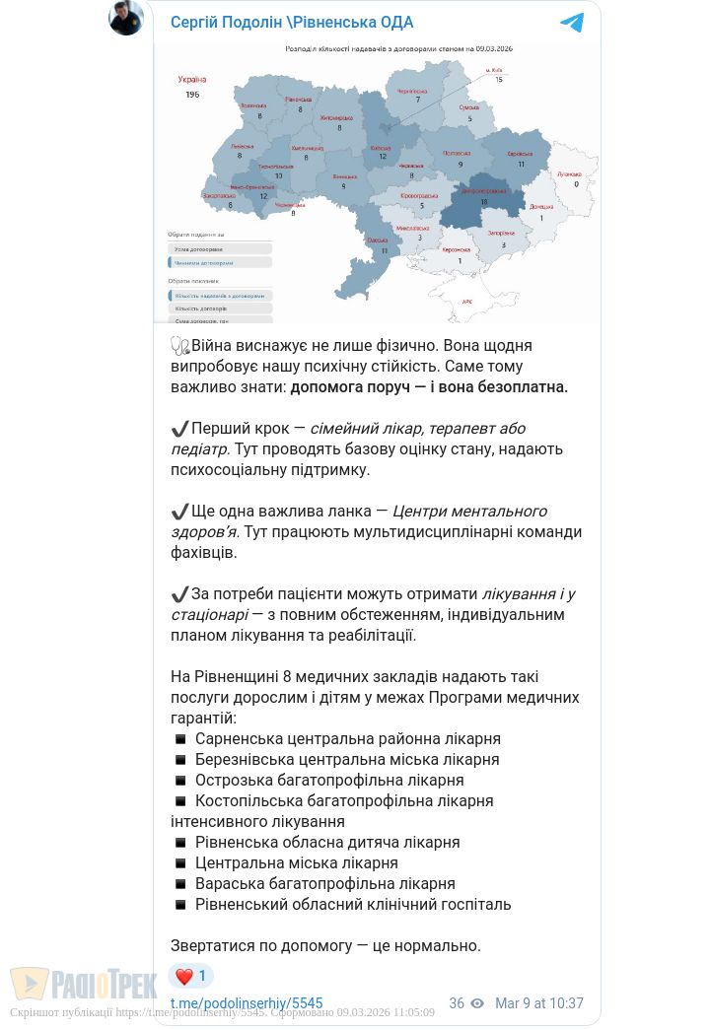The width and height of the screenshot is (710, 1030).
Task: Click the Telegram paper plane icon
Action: pos(572,22)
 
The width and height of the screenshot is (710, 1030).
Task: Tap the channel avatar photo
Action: pos(126,18)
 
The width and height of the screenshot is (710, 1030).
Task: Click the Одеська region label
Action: pos(377,240)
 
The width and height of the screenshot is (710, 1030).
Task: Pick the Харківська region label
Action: pos(520,154)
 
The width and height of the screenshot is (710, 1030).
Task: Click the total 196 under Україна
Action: pos(192,94)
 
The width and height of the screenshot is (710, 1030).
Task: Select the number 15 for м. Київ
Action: pos(499,79)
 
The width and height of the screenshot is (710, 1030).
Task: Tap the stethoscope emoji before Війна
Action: pos(179,346)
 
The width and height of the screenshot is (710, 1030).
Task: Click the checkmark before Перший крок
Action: pos(179,429)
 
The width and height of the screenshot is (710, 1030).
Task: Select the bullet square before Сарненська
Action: pos(180,738)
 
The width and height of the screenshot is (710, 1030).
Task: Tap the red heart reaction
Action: pos(184,977)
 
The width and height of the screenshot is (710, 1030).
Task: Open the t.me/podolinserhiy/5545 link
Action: pos(247,1003)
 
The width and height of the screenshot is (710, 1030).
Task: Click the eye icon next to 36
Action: pos(477,1003)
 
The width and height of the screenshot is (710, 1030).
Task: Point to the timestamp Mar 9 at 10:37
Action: pos(539,1003)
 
